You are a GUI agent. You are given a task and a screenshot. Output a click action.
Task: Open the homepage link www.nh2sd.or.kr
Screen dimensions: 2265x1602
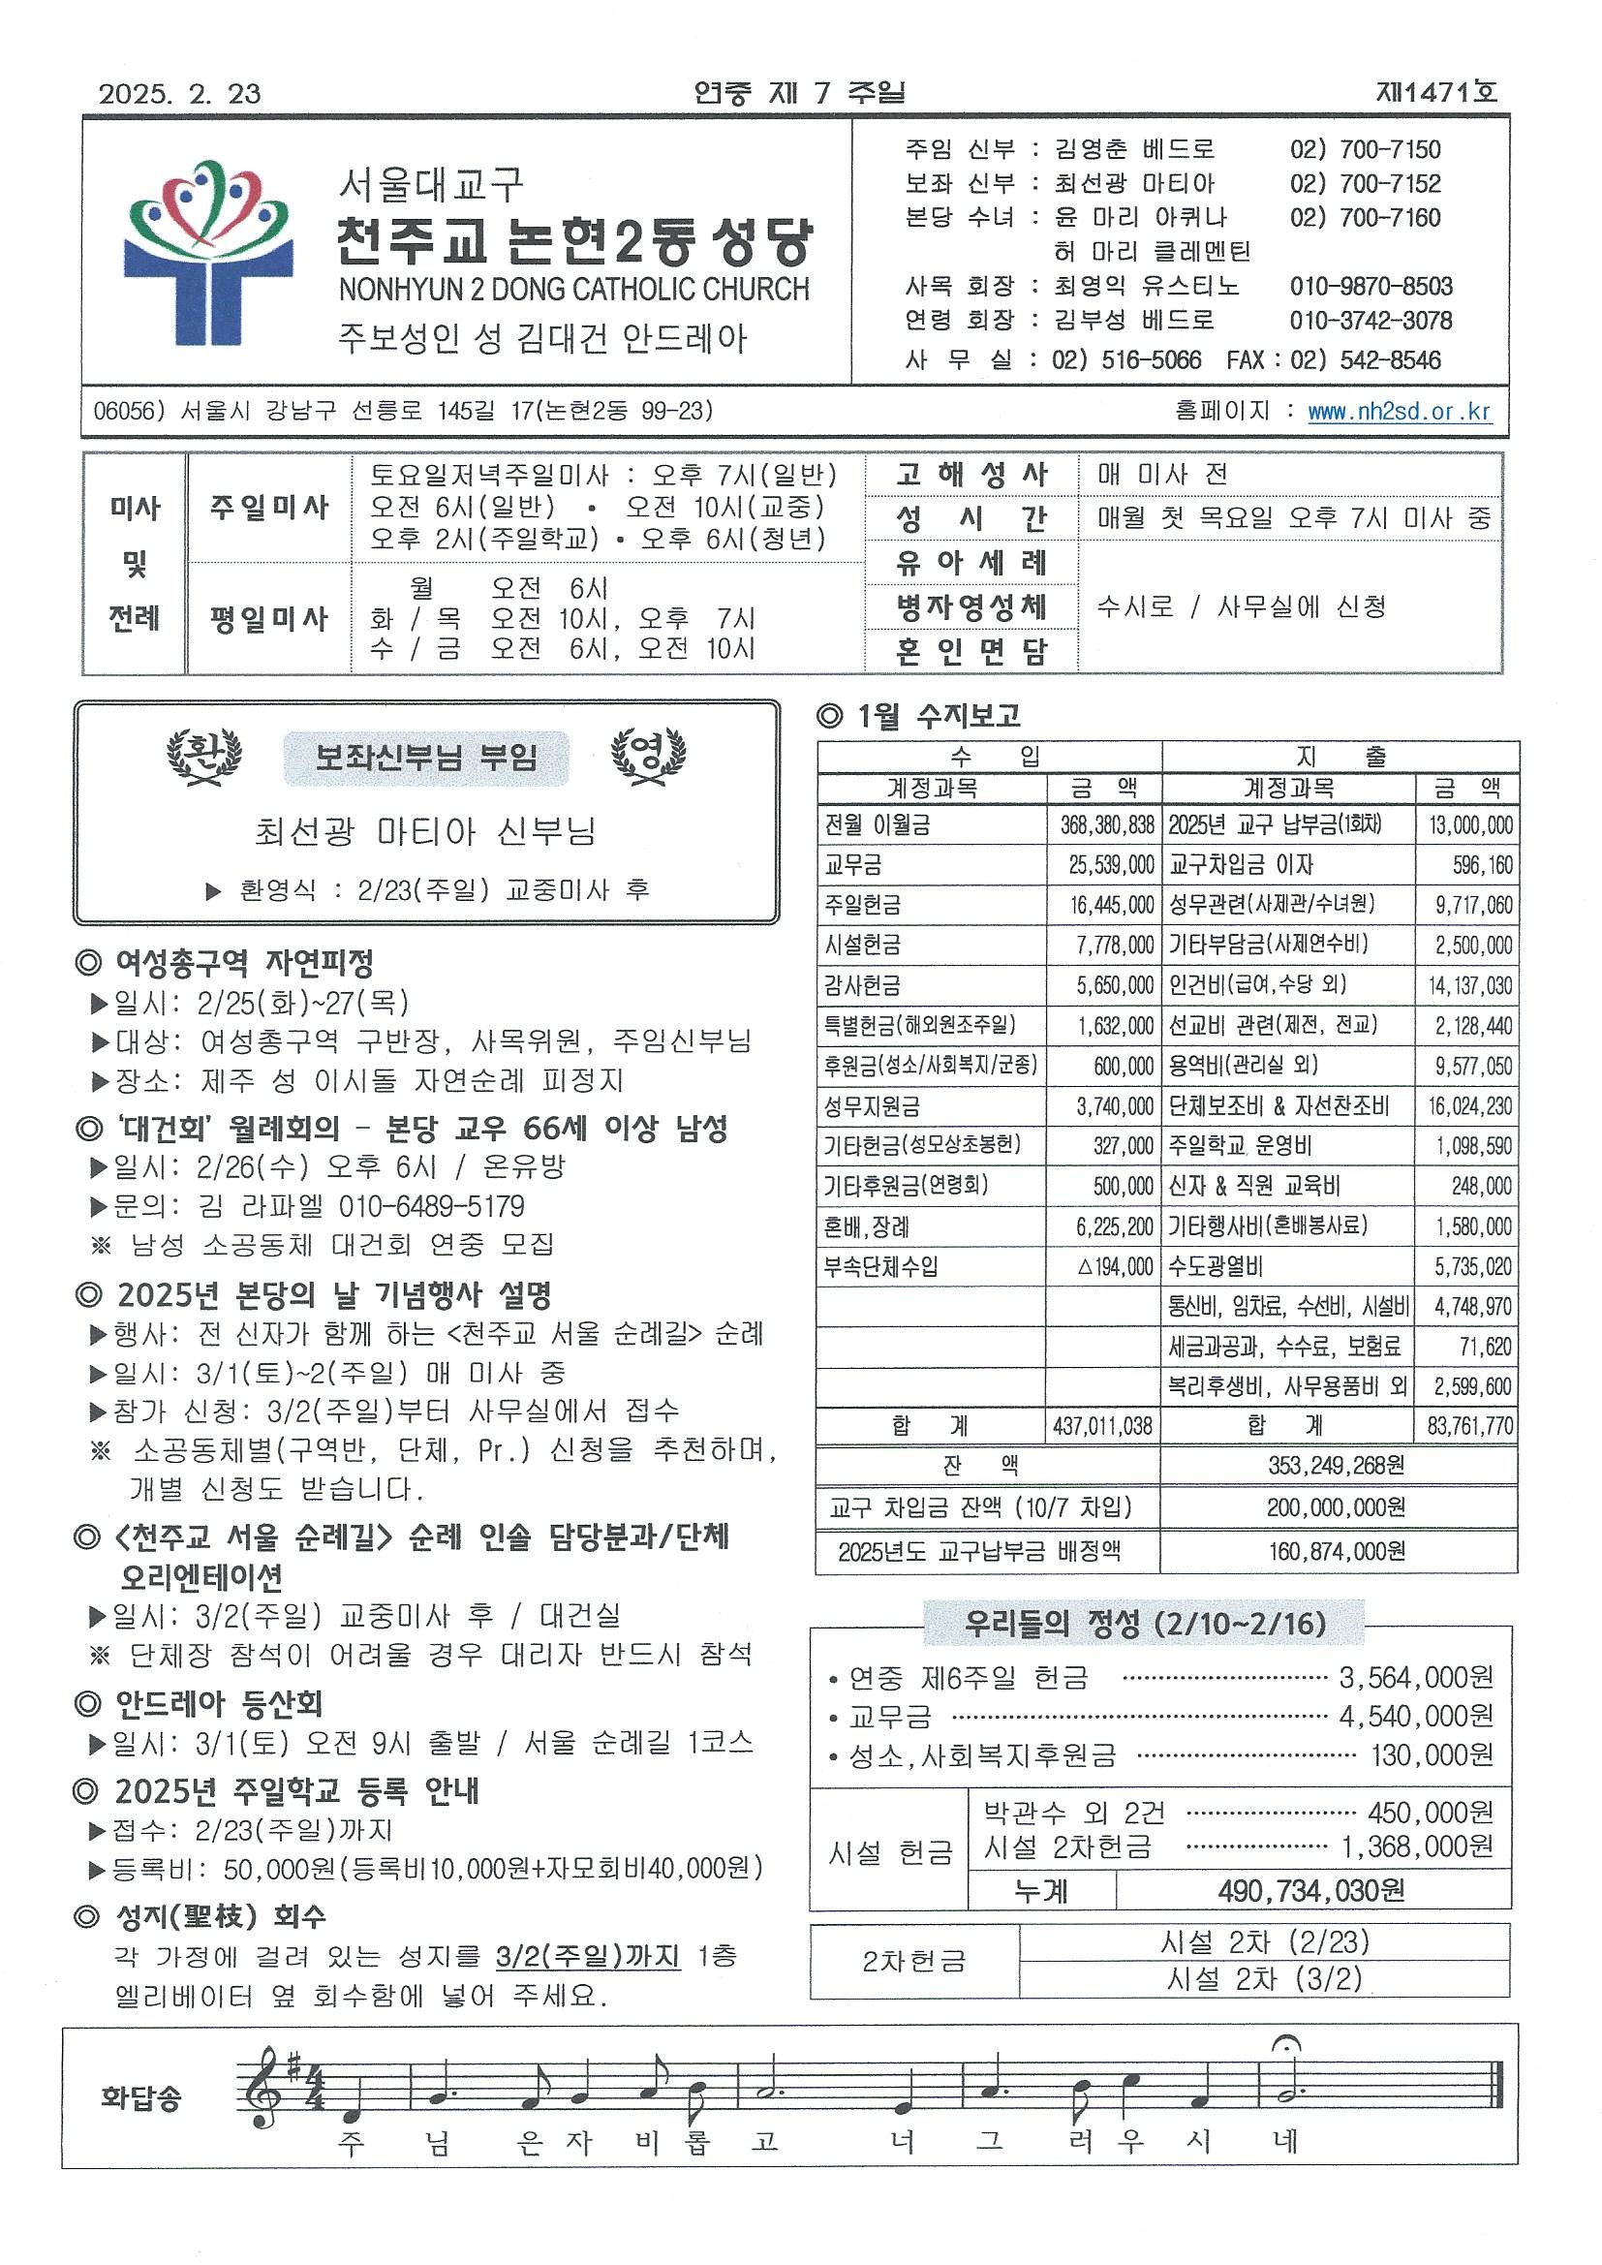click(x=1399, y=413)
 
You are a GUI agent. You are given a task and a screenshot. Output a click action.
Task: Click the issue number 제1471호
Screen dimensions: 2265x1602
click(x=1436, y=93)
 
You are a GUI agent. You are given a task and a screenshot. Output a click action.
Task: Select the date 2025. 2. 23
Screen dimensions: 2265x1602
click(x=179, y=94)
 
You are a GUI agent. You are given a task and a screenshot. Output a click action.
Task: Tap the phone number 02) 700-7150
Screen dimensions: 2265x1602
click(x=1366, y=150)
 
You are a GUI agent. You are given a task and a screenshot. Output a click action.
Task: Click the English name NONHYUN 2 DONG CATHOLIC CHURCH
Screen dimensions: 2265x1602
click(x=573, y=290)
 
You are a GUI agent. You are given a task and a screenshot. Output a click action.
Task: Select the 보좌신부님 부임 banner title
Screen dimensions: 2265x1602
click(x=426, y=758)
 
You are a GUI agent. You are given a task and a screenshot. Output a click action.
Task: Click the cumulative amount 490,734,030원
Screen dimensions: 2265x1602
click(x=1312, y=1890)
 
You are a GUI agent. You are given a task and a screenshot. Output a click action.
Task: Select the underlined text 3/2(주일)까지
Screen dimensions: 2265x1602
click(x=588, y=1957)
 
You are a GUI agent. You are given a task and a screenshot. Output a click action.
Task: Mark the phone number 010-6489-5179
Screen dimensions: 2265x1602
click(x=431, y=1205)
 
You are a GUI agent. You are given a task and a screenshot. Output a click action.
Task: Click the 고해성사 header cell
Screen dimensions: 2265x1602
click(x=970, y=475)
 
